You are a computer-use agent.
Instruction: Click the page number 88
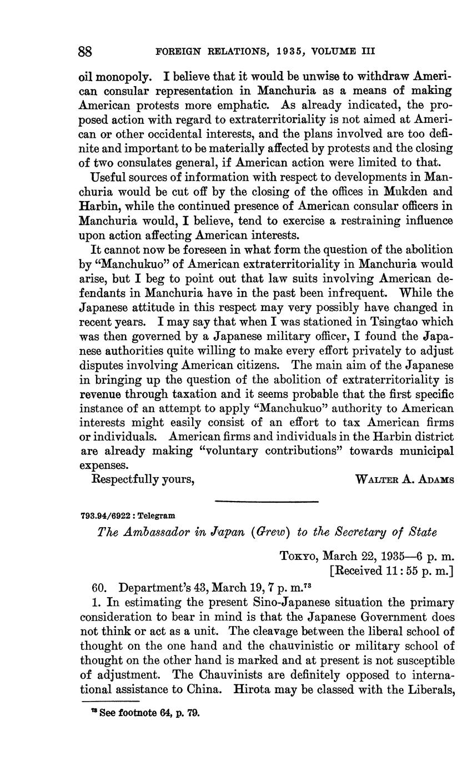(x=85, y=52)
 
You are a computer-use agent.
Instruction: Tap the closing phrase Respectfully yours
(x=143, y=479)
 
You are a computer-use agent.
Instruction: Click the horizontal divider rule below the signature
(x=266, y=502)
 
